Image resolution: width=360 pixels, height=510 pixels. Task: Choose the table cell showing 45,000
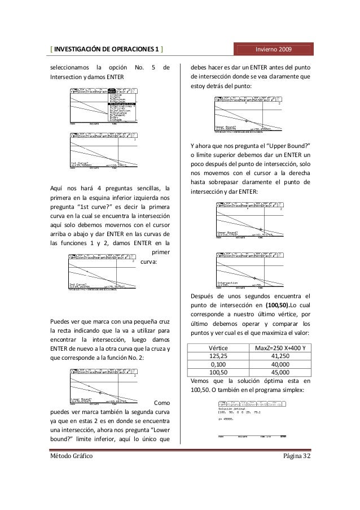coord(280,373)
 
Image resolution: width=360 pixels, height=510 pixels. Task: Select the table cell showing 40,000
coord(280,364)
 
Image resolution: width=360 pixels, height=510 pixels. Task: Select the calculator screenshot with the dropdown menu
coord(105,105)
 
